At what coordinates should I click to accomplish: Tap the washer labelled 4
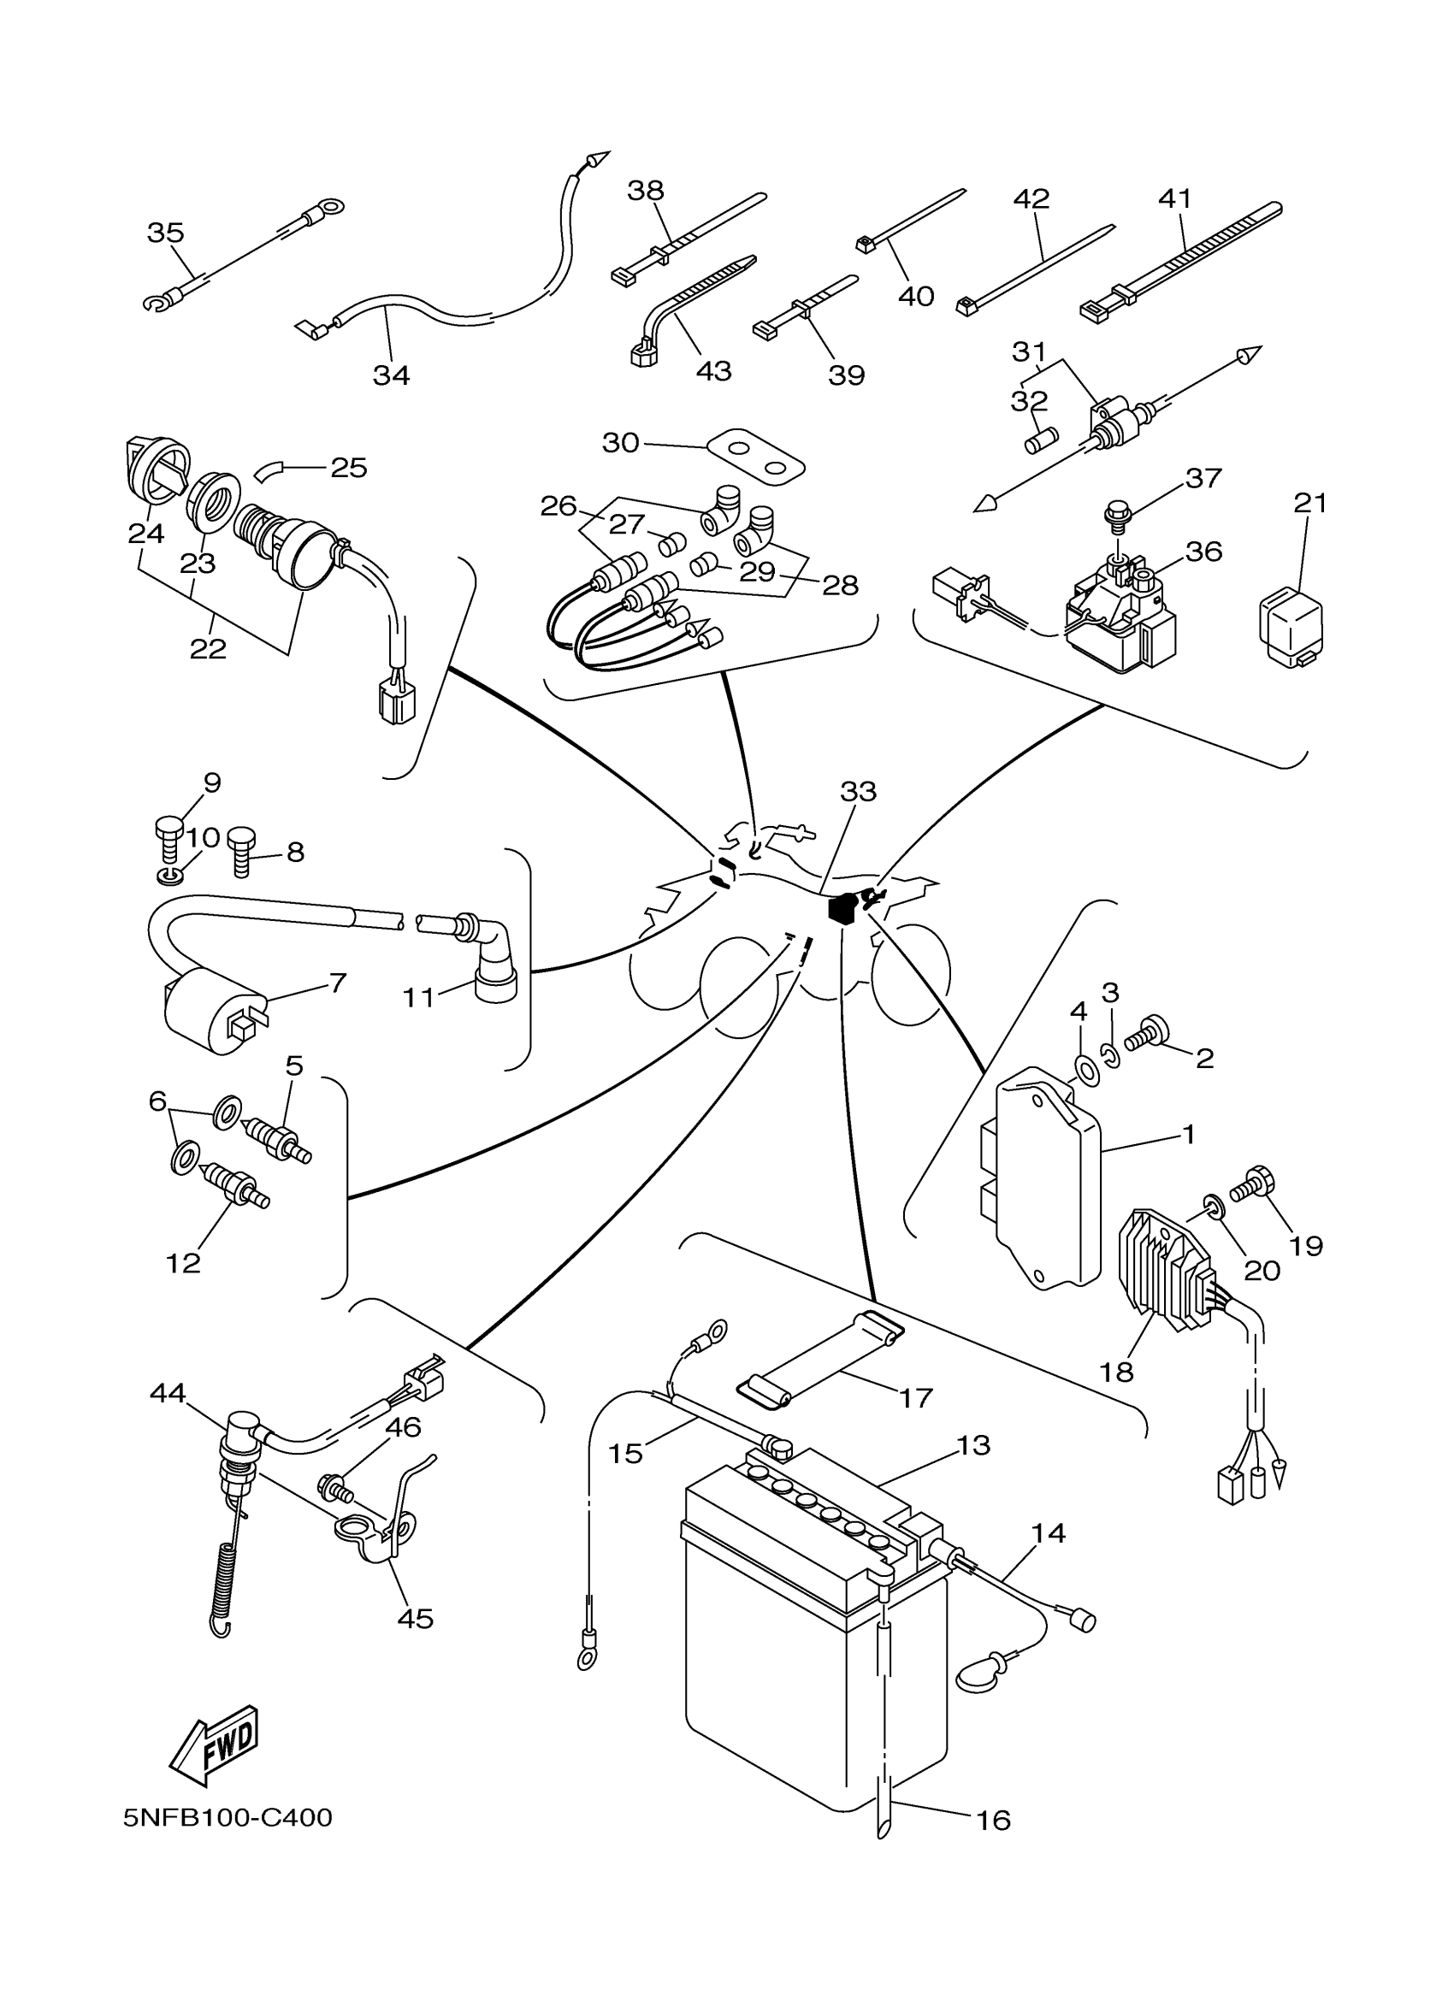1083,1070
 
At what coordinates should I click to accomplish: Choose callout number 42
1031,198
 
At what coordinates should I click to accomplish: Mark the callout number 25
348,467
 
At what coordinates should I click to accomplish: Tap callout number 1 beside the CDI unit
1189,1134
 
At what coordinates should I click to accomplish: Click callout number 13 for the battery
972,1445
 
